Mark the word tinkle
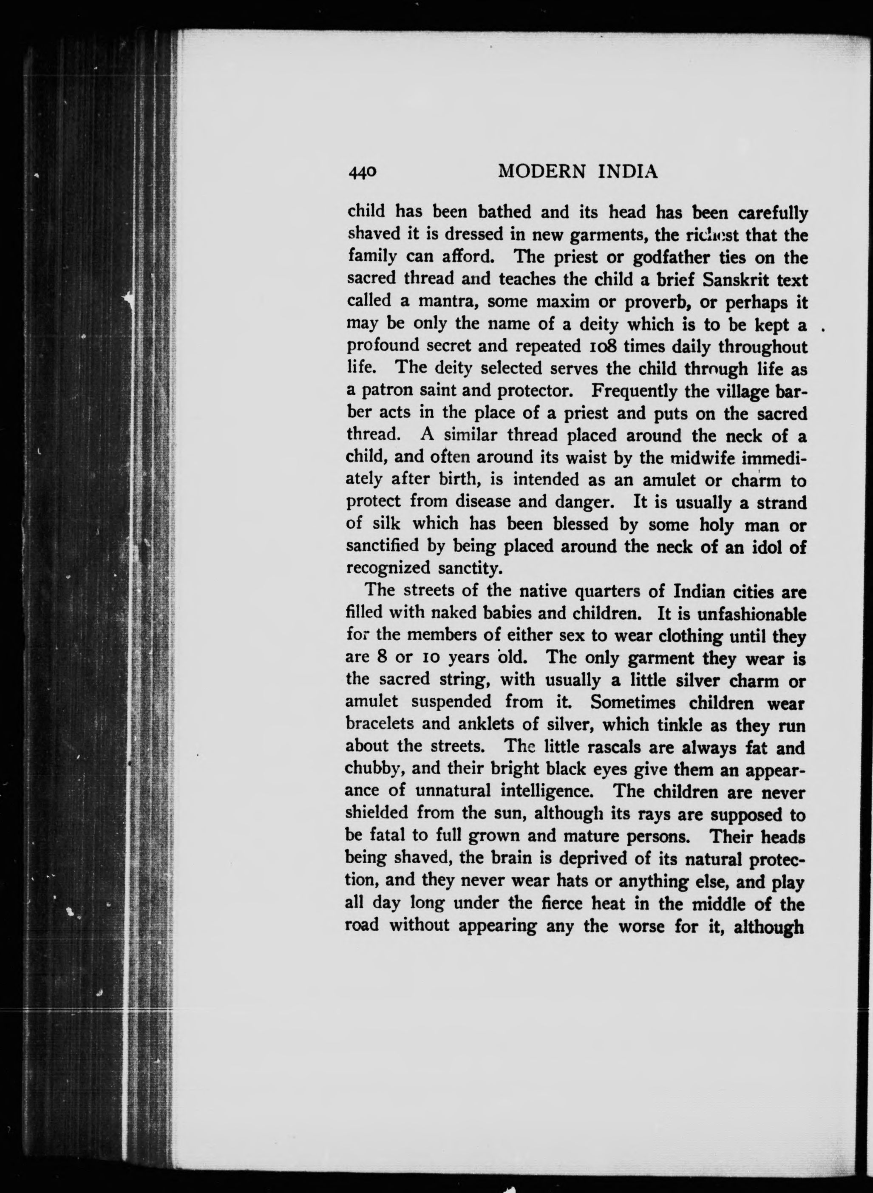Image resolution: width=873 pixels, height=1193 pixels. (x=673, y=725)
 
